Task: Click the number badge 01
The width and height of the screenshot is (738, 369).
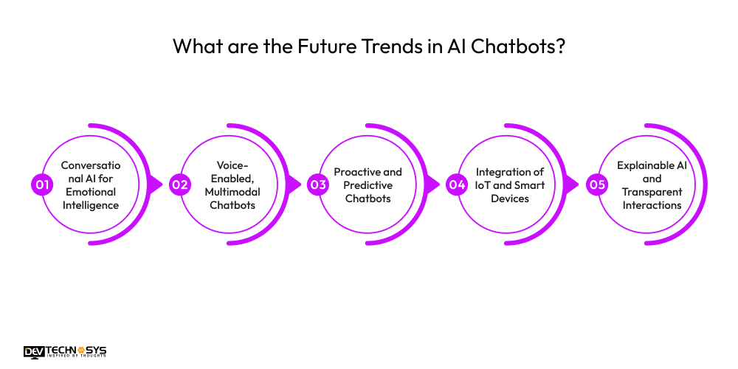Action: pos(41,184)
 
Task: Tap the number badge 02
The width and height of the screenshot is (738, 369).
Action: pos(180,184)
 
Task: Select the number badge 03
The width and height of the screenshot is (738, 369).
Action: pos(318,184)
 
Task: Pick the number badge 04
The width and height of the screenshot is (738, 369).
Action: pos(457,184)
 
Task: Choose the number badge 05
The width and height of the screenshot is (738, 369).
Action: pos(596,184)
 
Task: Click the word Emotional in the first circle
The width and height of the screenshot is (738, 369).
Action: pos(90,192)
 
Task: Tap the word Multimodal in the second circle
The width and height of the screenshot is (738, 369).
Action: pos(232,192)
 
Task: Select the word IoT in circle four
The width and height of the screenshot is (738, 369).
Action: pos(486,185)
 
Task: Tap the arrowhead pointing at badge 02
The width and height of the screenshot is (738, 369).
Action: pos(156,184)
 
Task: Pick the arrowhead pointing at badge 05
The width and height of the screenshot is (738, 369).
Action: pos(571,184)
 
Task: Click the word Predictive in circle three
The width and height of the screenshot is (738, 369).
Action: pos(368,185)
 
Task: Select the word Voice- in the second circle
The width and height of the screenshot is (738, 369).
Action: pos(232,165)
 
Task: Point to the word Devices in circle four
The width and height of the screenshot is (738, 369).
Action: pos(510,199)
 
